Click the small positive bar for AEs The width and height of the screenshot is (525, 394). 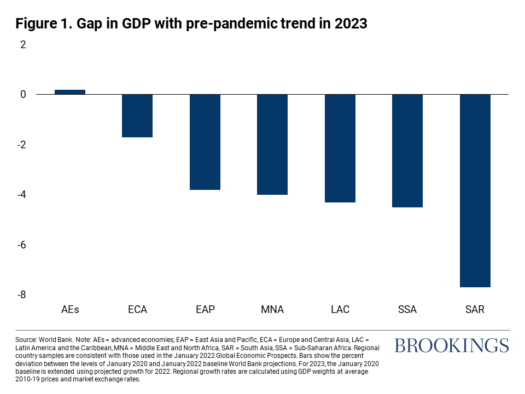pos(69,92)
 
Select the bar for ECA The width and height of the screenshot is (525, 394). pos(137,115)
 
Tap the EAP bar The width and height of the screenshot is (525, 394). pos(205,142)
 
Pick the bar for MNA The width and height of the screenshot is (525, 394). pos(272,144)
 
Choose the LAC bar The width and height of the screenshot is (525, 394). pos(340,148)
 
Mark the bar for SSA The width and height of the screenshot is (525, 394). pos(407,151)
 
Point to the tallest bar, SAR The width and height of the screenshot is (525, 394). pos(475,190)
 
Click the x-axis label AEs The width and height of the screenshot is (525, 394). pos(70,310)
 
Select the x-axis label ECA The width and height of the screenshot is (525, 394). pos(137,310)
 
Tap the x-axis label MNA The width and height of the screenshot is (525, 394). pos(272,310)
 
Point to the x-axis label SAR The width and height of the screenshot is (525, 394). pos(475,310)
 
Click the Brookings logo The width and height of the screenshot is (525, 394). pos(451,345)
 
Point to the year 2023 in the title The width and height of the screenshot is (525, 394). pos(348,24)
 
